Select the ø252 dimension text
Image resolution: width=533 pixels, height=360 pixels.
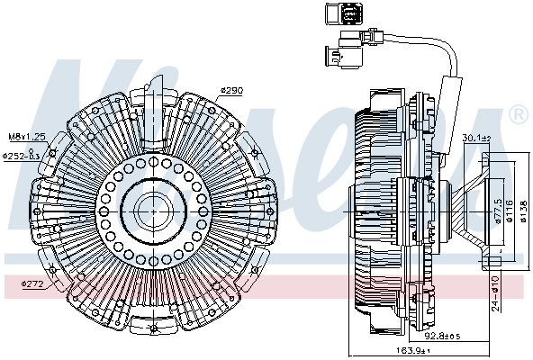(23, 155)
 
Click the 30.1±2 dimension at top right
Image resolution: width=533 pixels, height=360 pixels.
(478, 138)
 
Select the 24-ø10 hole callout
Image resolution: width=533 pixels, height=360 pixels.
(496, 292)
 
